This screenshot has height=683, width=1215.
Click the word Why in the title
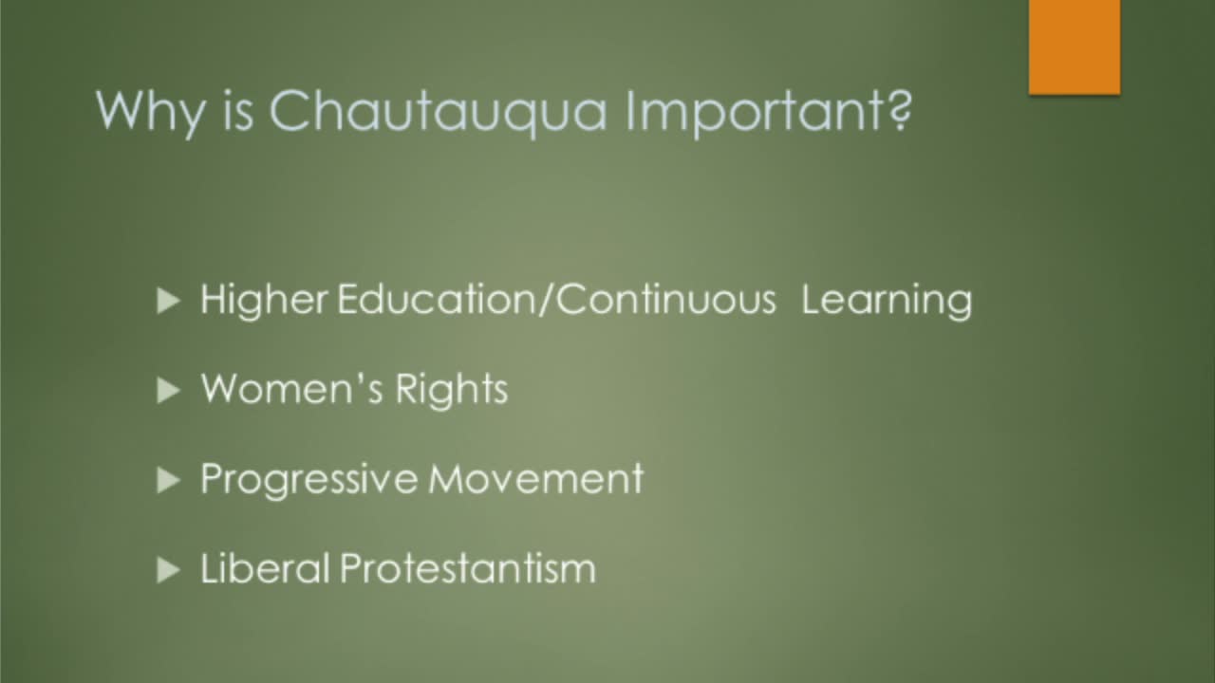[x=150, y=114]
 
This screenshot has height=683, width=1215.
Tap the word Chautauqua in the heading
[x=438, y=112]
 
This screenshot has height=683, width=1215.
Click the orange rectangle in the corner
[x=1075, y=47]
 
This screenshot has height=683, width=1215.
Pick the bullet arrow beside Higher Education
[x=168, y=301]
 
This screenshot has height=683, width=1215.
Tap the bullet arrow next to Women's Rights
[x=168, y=390]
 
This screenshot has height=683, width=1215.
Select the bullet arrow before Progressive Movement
[x=168, y=480]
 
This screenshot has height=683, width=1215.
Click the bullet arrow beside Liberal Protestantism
[x=168, y=570]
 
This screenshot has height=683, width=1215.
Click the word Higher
[x=264, y=301]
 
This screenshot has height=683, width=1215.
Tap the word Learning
[x=887, y=301]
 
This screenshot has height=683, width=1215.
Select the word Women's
[x=291, y=388]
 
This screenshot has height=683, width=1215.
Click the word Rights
[x=452, y=390]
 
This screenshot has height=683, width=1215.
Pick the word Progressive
[x=309, y=480]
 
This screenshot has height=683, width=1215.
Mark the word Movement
[x=536, y=478]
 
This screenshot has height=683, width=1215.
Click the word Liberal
[x=265, y=568]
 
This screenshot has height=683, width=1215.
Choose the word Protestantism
[x=468, y=568]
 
